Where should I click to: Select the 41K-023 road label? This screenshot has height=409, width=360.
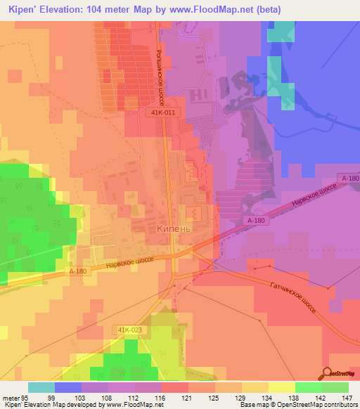pyautogui.click(x=129, y=310)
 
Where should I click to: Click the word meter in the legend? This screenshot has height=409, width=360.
pyautogui.click(x=12, y=397)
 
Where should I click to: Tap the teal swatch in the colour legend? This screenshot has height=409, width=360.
pyautogui.click(x=41, y=387)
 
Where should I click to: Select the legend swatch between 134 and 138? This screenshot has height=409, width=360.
pyautogui.click(x=282, y=387)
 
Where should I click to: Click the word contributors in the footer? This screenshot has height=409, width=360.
pyautogui.click(x=341, y=405)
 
